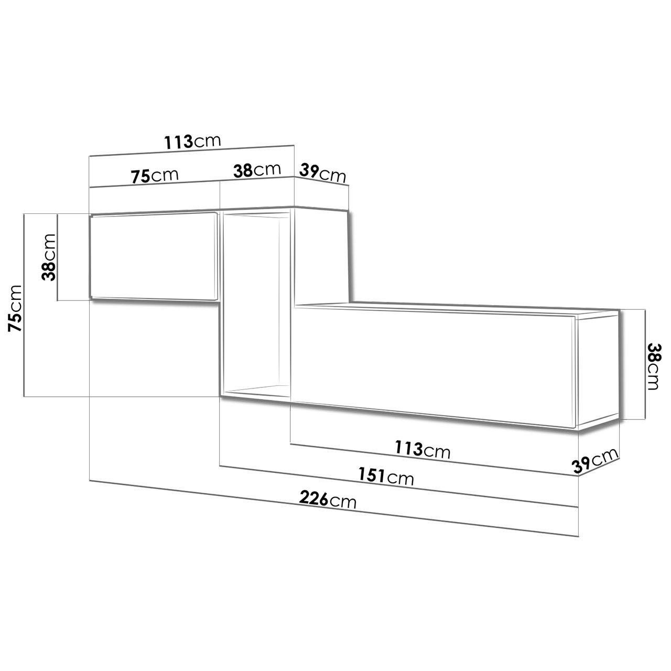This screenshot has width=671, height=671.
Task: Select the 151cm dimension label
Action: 386,476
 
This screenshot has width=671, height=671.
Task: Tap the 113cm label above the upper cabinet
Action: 192,142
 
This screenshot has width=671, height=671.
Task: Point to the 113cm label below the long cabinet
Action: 423,450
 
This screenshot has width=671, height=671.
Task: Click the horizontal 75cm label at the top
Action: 155,176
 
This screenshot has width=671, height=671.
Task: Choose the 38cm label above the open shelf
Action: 257,170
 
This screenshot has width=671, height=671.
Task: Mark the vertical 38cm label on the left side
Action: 48,257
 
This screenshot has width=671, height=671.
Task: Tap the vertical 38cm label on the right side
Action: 653,366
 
